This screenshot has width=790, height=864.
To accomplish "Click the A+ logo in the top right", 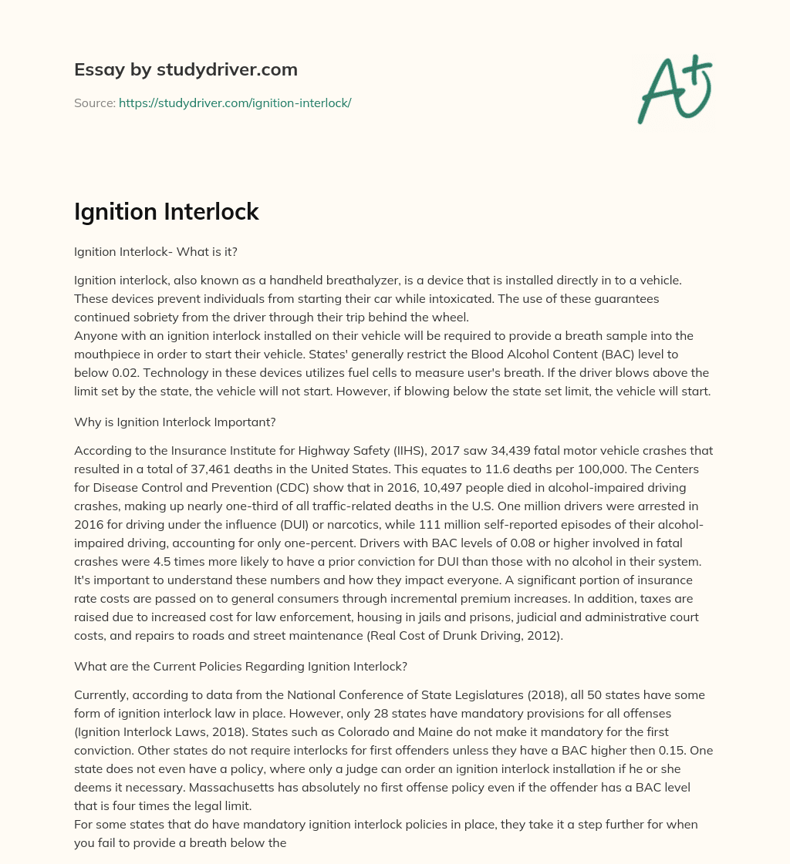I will pyautogui.click(x=674, y=89).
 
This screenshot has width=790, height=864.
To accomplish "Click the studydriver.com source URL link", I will pyautogui.click(x=235, y=103).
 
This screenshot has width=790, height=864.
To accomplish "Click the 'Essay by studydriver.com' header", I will pyautogui.click(x=185, y=69).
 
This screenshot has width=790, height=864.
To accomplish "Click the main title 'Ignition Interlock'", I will pyautogui.click(x=166, y=212).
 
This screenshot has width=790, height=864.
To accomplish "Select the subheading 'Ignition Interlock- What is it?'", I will pyautogui.click(x=155, y=251).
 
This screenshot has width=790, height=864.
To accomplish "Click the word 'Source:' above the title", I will pyautogui.click(x=95, y=103).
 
